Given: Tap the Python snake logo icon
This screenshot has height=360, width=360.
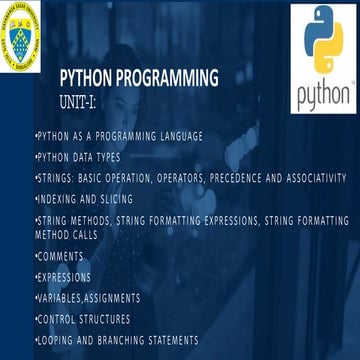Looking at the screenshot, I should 322,45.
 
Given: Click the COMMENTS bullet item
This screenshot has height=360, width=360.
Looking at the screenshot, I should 61,257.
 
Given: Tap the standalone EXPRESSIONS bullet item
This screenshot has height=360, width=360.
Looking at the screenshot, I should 64,277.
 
